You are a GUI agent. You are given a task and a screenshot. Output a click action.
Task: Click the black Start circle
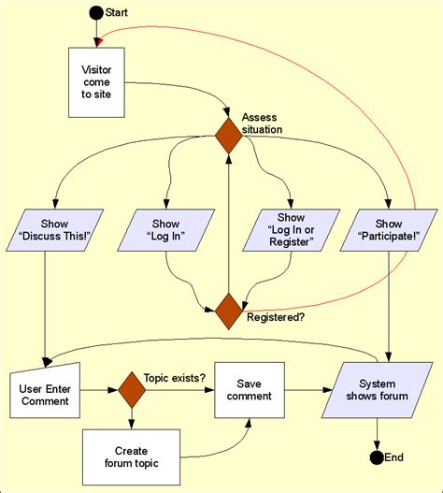coord(95,12)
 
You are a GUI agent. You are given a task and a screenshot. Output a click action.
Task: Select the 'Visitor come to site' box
coord(96,83)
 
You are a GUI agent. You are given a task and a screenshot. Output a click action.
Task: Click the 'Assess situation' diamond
coord(229,134)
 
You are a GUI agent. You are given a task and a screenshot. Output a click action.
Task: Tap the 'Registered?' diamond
coord(229,312)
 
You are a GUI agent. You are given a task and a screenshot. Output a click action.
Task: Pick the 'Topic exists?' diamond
coord(132,389)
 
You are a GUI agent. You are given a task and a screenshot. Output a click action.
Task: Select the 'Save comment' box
coord(249,389)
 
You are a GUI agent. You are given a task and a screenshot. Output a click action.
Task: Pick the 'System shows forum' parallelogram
coord(378,389)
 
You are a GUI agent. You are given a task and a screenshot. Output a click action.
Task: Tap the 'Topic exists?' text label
coord(175,378)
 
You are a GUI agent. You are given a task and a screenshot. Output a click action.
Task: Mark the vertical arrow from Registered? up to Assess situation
coord(229,225)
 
